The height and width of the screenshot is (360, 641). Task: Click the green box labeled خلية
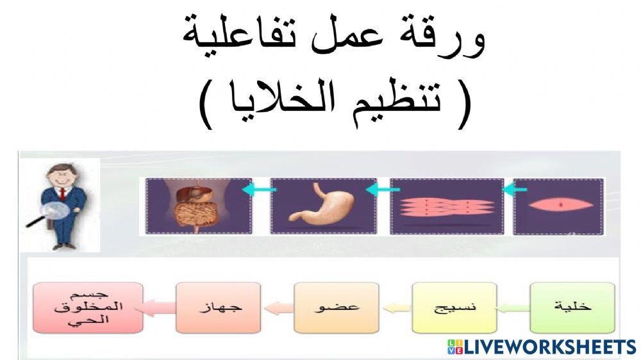pyautogui.click(x=572, y=307)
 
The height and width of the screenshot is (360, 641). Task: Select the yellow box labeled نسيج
pyautogui.click(x=454, y=307)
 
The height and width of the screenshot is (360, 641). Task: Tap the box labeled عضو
pyautogui.click(x=337, y=307)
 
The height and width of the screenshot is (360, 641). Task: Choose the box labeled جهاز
pyautogui.click(x=218, y=307)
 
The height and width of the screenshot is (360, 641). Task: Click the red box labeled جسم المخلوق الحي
pyautogui.click(x=87, y=307)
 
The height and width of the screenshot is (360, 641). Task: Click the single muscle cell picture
pyautogui.click(x=558, y=206)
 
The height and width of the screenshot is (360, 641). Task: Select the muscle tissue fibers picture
pyautogui.click(x=447, y=206)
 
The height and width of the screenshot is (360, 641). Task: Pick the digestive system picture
pyautogui.click(x=198, y=206)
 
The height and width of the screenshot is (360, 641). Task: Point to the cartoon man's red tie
pyautogui.click(x=62, y=193)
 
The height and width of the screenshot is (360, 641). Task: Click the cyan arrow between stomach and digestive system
pyautogui.click(x=260, y=190)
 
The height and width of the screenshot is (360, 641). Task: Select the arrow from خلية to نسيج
pyautogui.click(x=513, y=308)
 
